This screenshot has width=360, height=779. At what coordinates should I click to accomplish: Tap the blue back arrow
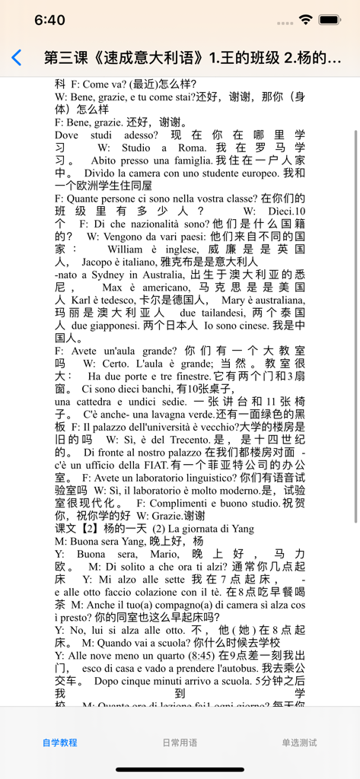17,58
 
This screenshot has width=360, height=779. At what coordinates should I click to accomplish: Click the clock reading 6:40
49,20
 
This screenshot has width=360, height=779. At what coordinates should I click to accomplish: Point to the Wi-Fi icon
306,20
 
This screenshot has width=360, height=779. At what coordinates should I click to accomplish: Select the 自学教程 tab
59,742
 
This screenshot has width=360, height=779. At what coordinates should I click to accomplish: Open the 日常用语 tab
180,742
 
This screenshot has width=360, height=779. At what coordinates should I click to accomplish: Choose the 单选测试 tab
299,742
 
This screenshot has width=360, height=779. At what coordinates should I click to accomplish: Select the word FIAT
188,465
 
